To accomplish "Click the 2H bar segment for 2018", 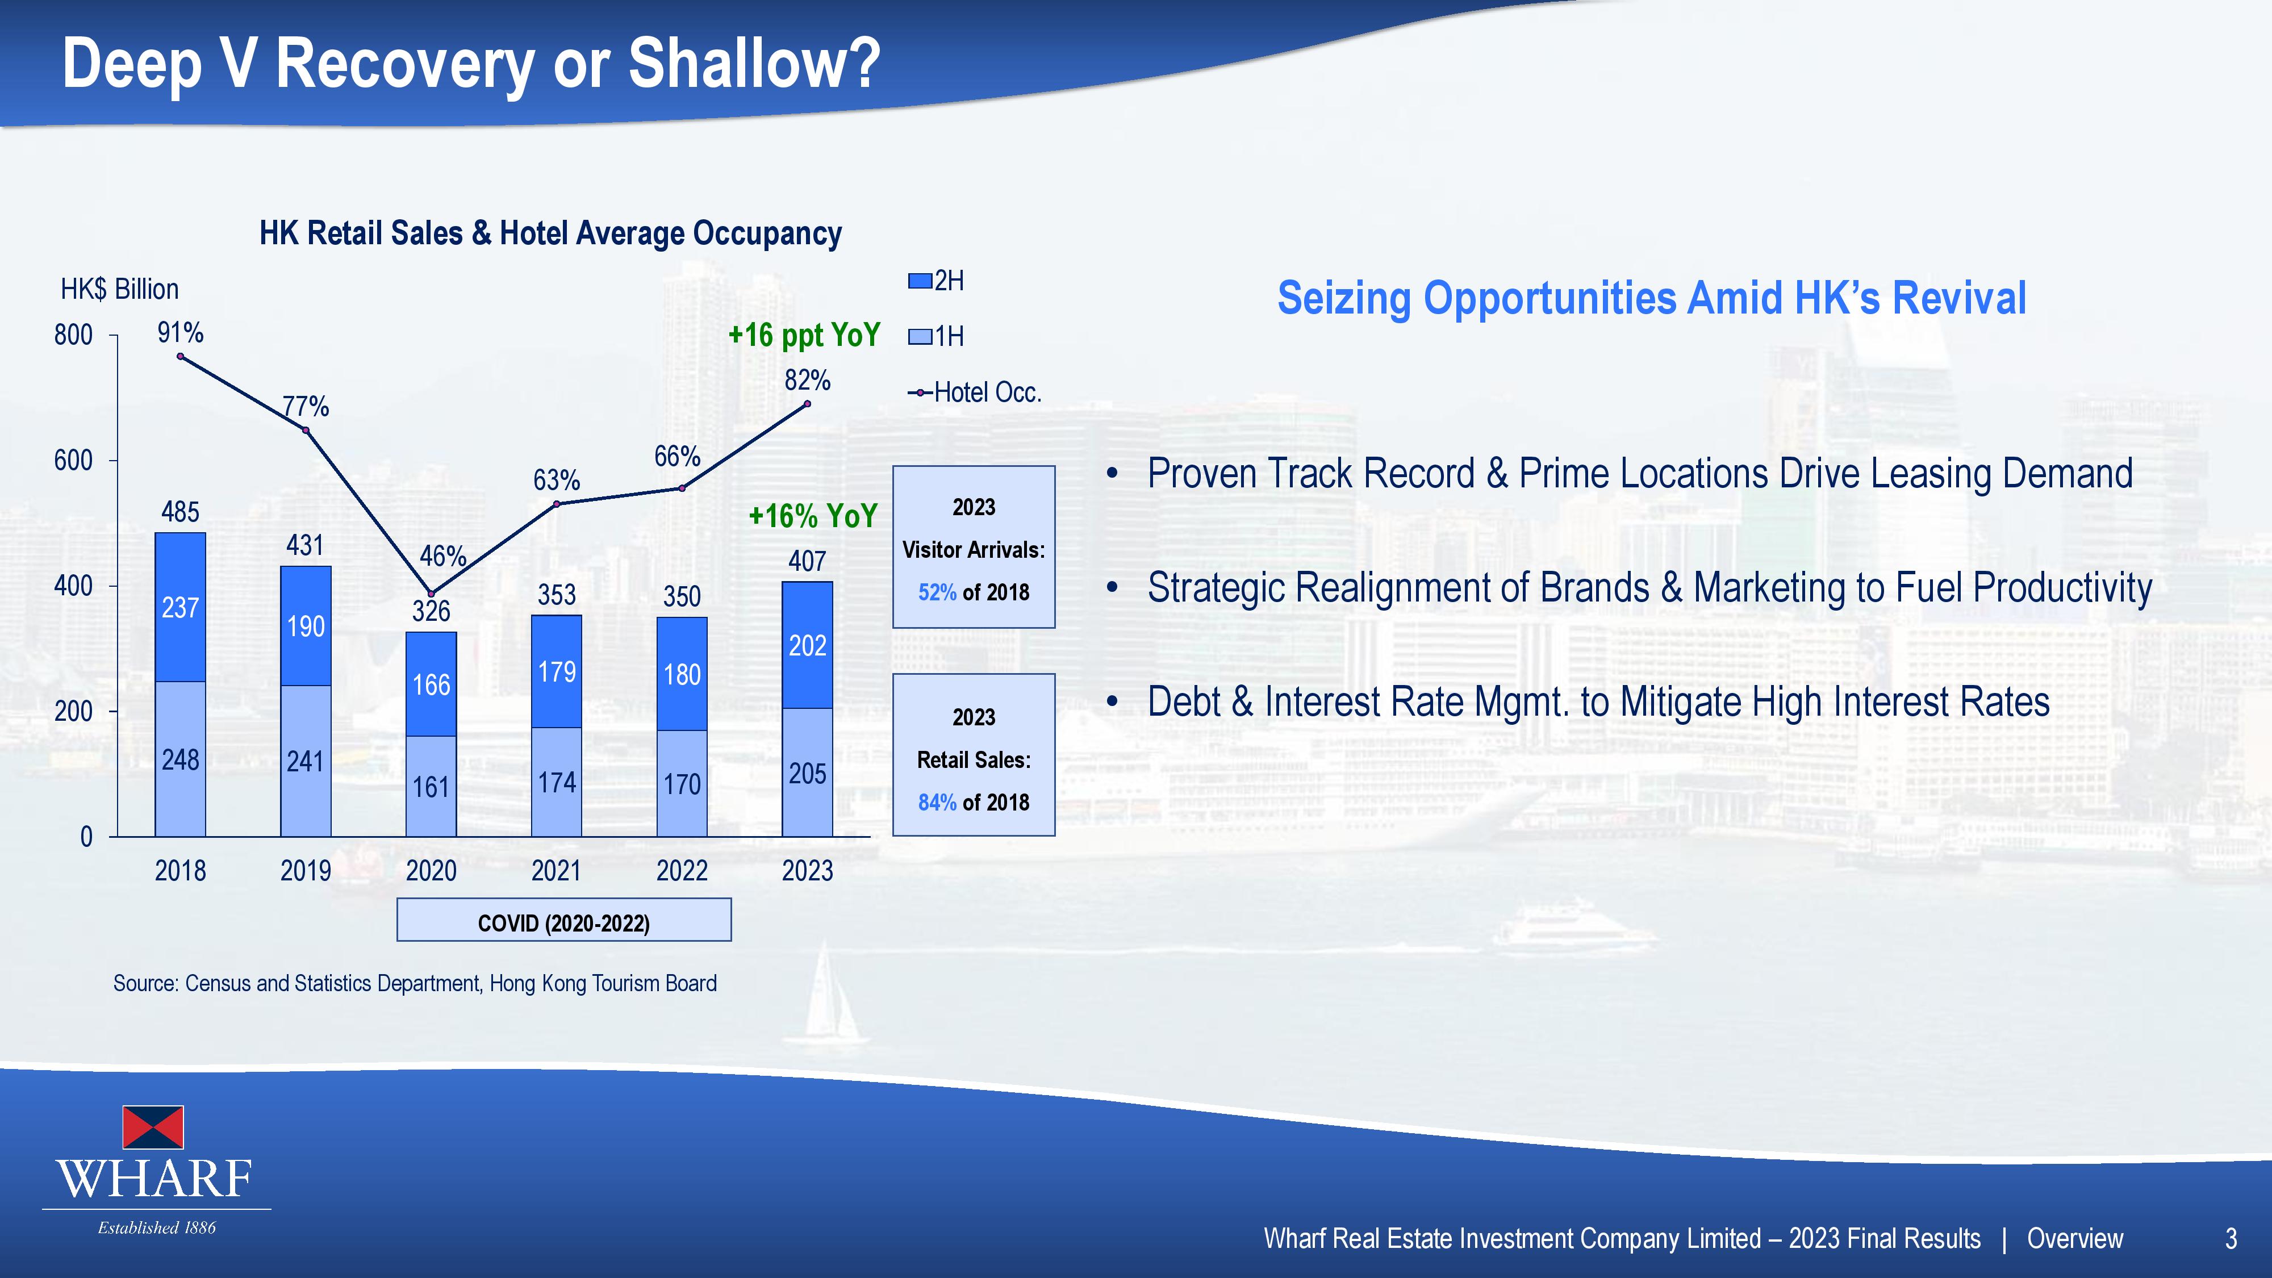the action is [180, 607].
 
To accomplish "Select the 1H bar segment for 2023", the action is [807, 772].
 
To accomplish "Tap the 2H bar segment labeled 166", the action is [431, 684].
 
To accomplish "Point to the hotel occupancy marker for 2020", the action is [431, 594].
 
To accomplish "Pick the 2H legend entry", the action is [937, 281].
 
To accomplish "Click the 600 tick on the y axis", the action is [73, 461].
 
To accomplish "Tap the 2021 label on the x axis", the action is [557, 871].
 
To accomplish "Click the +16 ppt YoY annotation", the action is [804, 335].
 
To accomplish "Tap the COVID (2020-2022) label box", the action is [563, 920].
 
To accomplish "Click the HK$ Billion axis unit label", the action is [119, 289].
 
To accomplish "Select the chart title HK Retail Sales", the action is [550, 233].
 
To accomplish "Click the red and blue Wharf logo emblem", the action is [153, 1127].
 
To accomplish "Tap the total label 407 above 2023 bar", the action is [807, 561].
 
